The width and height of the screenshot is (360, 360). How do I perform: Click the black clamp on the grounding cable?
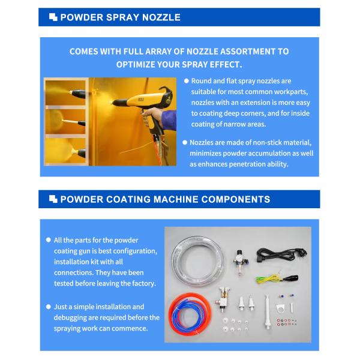coord(298,277)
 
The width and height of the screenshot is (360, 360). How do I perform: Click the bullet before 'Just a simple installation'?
coord(49,307)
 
